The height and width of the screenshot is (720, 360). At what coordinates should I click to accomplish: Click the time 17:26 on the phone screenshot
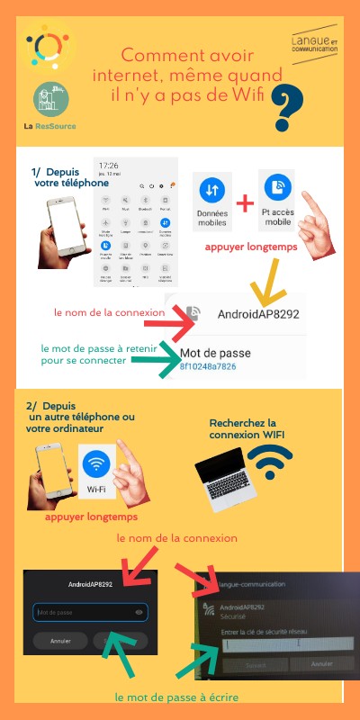click(109, 166)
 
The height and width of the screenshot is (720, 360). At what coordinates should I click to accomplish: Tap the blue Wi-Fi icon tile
click(97, 473)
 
